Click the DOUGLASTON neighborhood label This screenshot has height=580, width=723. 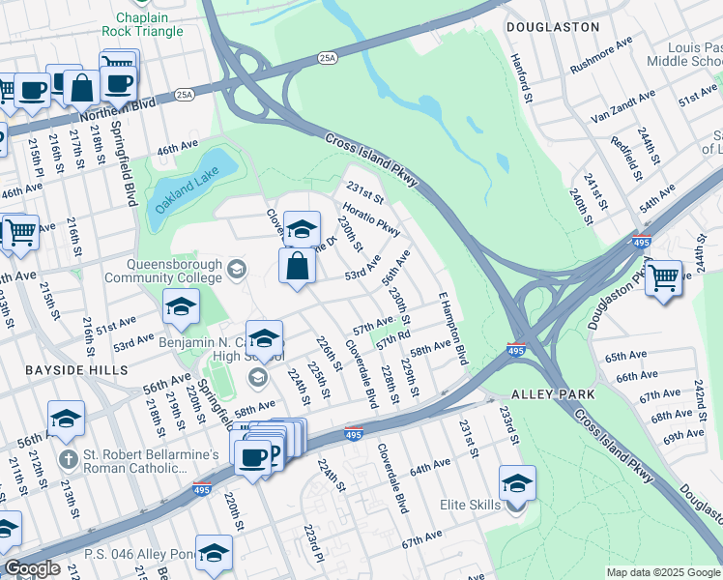pyautogui.click(x=552, y=27)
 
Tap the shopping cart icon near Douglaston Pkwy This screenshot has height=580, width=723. pyautogui.click(x=663, y=277)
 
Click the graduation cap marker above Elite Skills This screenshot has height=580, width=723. pyautogui.click(x=517, y=482)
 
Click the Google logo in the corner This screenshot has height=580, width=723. pyautogui.click(x=32, y=568)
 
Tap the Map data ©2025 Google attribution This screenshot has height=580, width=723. pyautogui.click(x=662, y=572)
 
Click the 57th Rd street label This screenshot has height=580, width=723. pyautogui.click(x=394, y=341)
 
